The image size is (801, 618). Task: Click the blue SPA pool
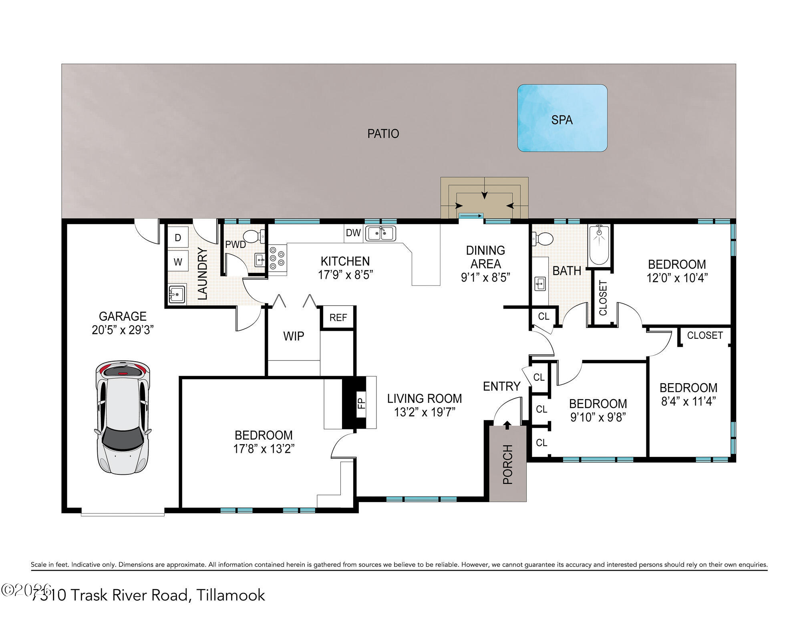coord(562,118)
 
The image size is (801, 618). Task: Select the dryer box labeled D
coord(178,238)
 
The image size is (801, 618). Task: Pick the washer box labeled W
coord(178,262)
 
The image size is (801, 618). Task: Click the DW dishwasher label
coord(353,233)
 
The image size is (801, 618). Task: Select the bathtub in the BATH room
coord(599,245)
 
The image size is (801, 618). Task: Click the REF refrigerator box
coord(338,318)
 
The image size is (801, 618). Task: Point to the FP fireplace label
coord(362,402)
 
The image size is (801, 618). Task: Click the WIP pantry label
coord(294,336)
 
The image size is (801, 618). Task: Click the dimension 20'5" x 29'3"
coord(123,330)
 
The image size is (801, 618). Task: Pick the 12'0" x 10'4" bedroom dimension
coord(677,278)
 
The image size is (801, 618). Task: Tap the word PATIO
coord(383,134)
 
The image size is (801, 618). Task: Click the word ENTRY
coord(501,386)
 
